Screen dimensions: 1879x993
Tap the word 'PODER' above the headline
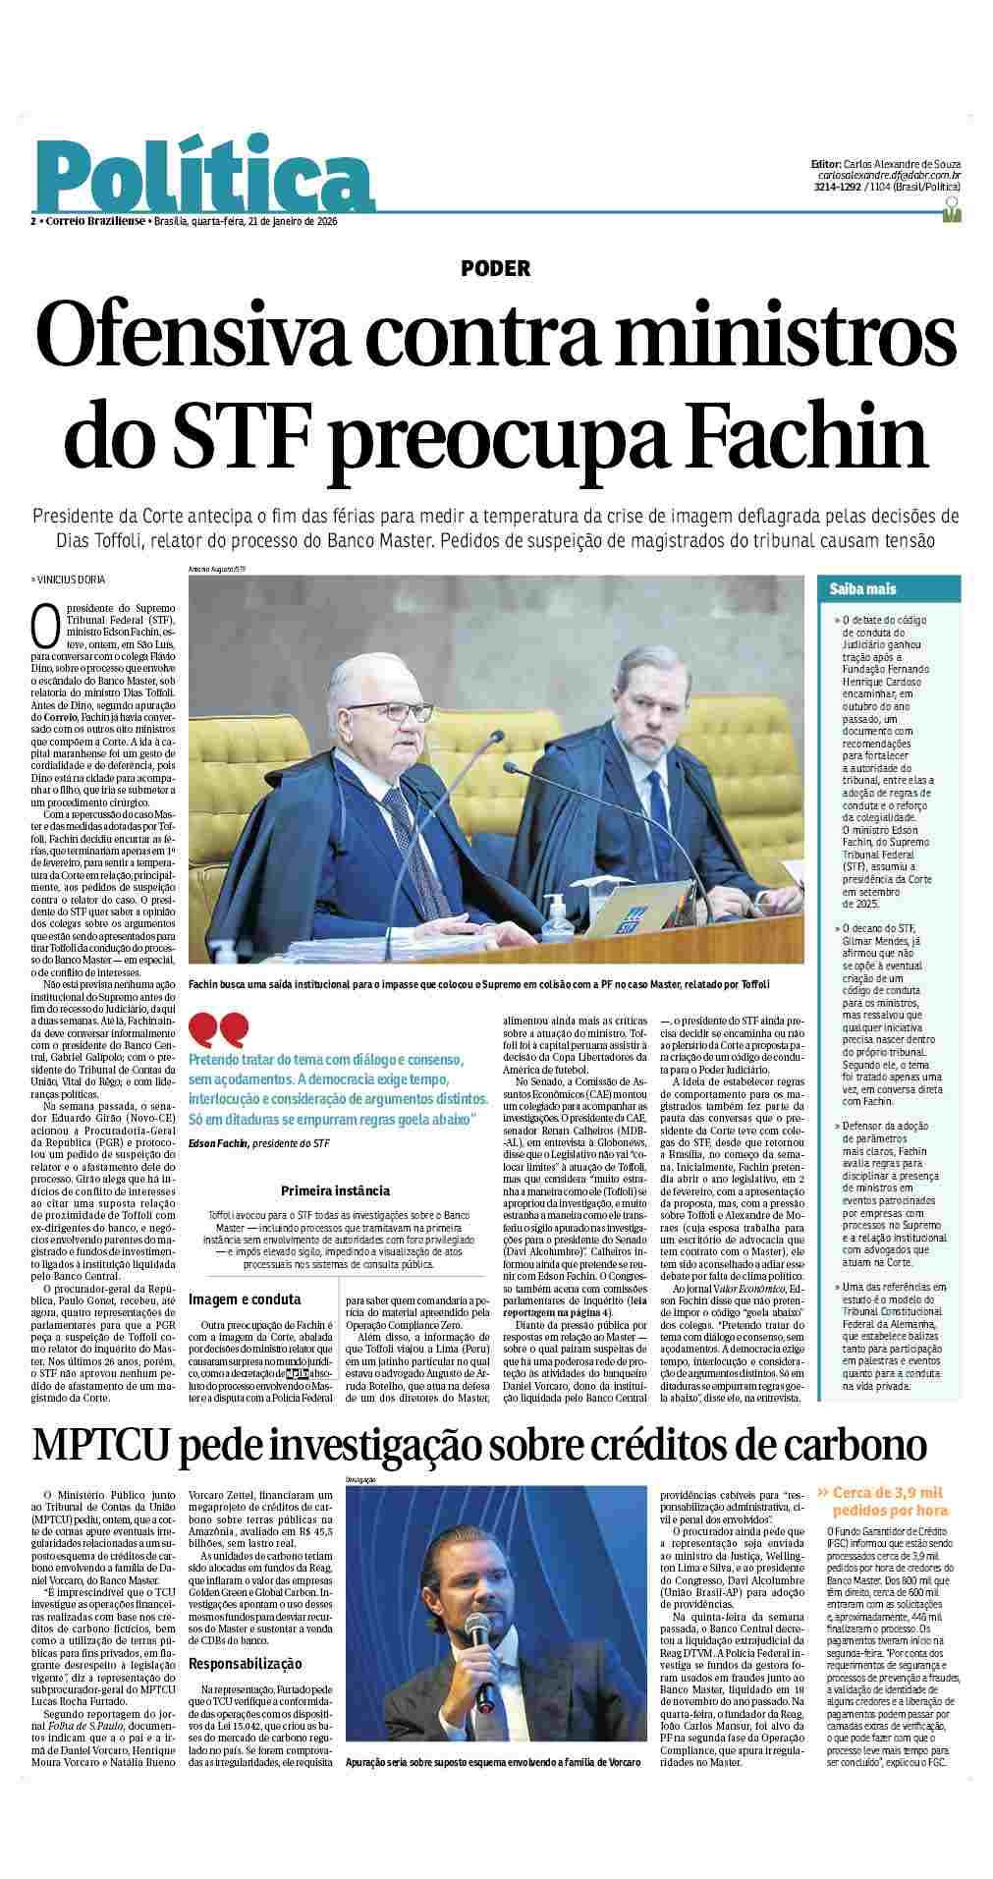coord(496,268)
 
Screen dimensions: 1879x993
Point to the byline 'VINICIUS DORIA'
coord(70,580)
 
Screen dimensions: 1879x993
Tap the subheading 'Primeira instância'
coord(335,1190)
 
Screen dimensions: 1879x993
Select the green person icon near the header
coord(950,208)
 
